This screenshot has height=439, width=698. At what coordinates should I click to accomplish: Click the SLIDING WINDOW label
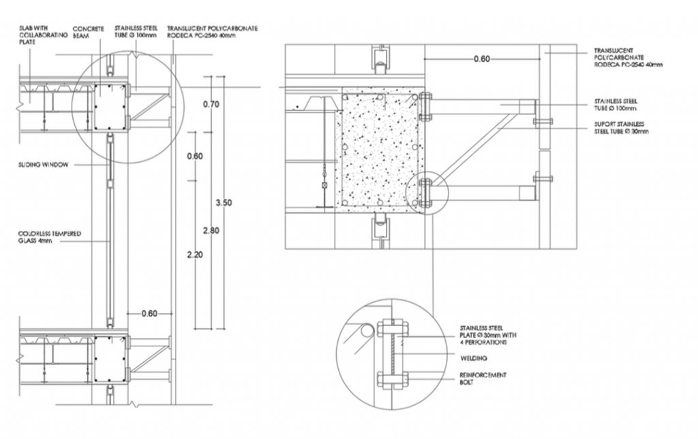[42, 165]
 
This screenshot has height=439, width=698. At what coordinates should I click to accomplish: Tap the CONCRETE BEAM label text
[88, 32]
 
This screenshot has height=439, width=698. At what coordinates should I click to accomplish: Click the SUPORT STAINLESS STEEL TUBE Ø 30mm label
[621, 127]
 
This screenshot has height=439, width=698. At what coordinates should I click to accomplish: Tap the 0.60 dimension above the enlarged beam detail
[481, 59]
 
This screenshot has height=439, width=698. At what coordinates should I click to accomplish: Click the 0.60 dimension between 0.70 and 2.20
[194, 156]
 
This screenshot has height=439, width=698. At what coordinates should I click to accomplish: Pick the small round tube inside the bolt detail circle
[367, 330]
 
